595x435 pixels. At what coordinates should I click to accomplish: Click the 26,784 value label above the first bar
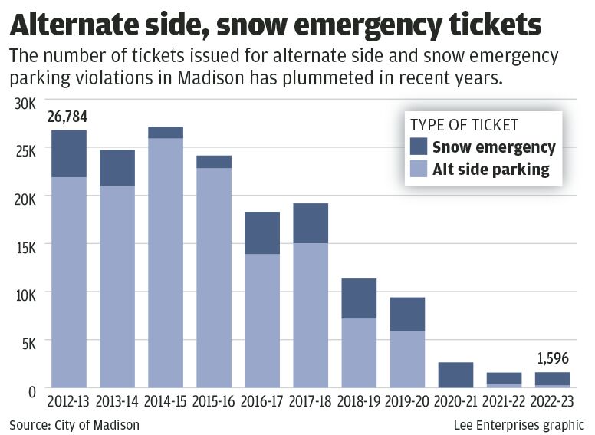[x=68, y=117]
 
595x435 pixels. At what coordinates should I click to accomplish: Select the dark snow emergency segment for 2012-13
[x=68, y=153]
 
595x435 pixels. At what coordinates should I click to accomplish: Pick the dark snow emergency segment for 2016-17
[x=262, y=232]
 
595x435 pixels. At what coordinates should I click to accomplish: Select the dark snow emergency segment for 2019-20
[x=407, y=314]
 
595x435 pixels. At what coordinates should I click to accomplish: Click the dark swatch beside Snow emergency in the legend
[x=419, y=147]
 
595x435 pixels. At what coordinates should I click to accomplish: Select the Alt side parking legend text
[x=491, y=170]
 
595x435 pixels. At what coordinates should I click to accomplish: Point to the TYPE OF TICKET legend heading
[x=464, y=125]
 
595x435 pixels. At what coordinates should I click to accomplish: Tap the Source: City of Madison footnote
[x=74, y=424]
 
